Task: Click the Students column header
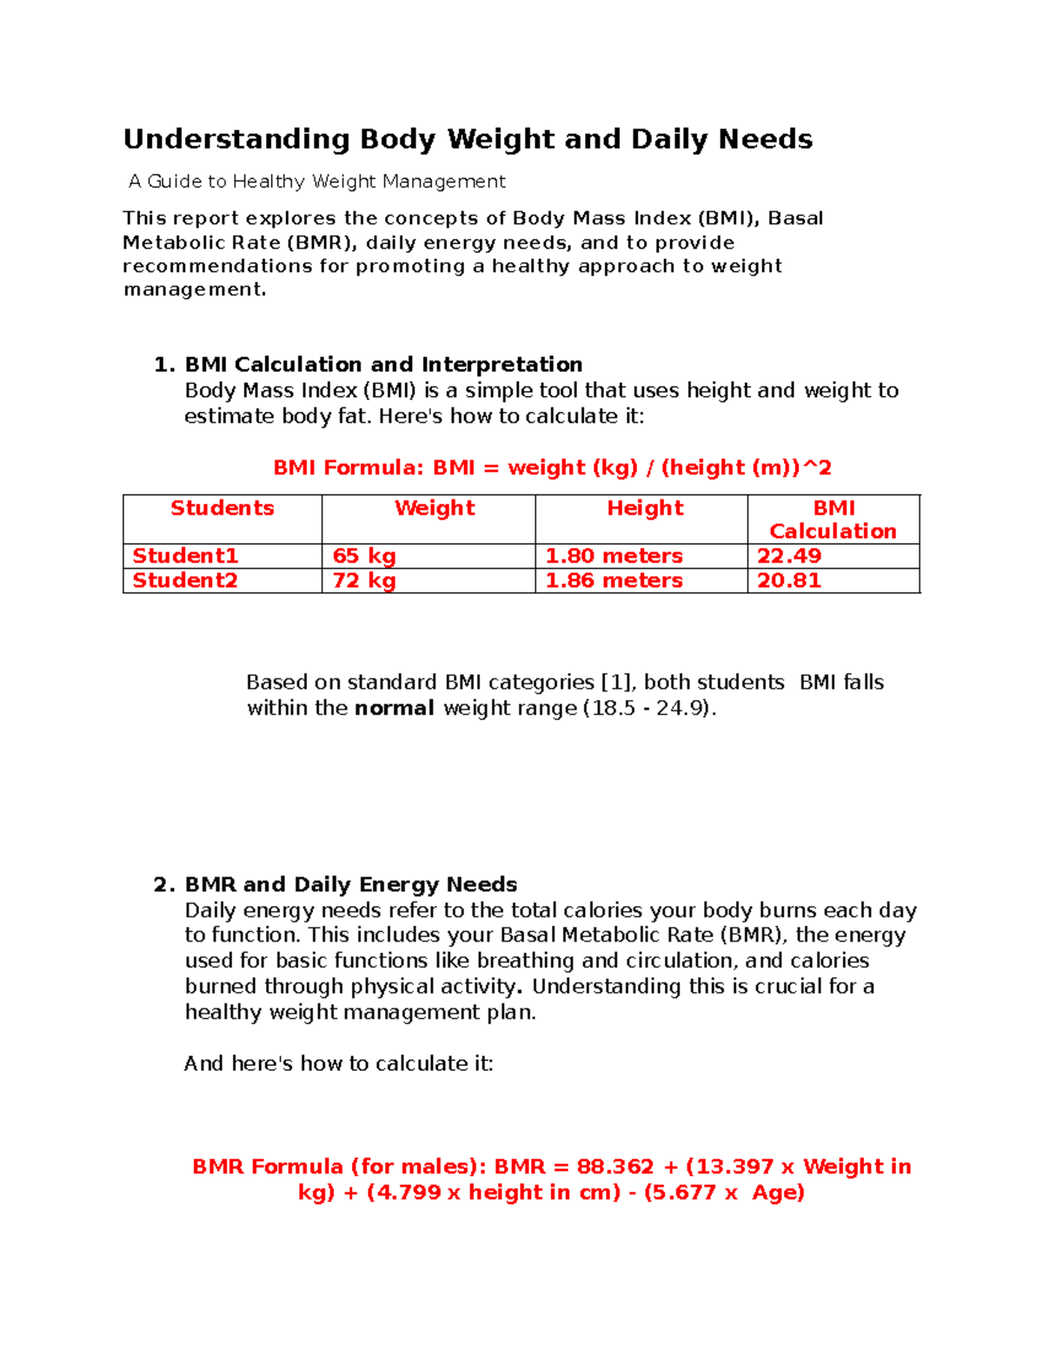[x=223, y=508]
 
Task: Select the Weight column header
[x=435, y=508]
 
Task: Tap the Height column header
[x=645, y=508]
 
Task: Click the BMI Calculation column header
[x=833, y=519]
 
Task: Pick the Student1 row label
[x=185, y=556]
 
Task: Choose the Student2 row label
[x=185, y=580]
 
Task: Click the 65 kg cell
[x=364, y=556]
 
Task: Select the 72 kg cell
[x=364, y=580]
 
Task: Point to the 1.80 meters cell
[x=614, y=556]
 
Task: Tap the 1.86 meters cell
[x=614, y=580]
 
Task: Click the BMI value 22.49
[x=789, y=556]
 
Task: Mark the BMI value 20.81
[x=789, y=580]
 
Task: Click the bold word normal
[x=394, y=708]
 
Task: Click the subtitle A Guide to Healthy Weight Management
[x=317, y=182]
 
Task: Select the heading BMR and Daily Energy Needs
[x=351, y=884]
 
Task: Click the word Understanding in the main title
[x=236, y=139]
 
